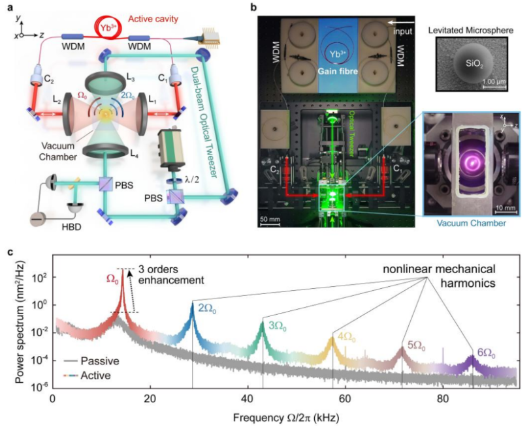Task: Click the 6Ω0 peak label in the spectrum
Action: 485,354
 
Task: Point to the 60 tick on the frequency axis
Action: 345,398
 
